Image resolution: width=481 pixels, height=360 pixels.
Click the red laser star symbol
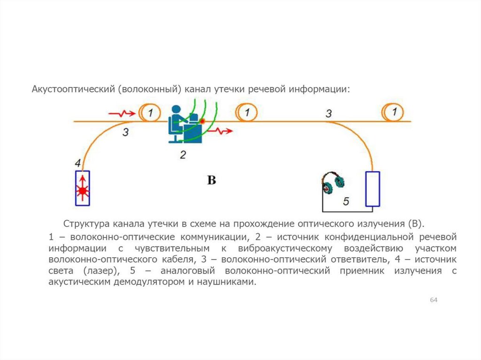coord(83,190)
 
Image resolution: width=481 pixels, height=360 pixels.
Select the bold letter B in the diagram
coord(212,180)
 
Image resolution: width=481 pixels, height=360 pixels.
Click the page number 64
coord(434,300)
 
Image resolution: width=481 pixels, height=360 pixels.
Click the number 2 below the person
coord(183,154)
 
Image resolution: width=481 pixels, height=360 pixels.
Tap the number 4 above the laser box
coord(78,163)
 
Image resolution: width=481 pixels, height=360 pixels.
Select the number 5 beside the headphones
coord(346,201)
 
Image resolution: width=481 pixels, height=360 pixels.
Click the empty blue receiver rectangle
coord(372,189)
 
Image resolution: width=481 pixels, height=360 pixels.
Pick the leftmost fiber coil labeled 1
coord(148,113)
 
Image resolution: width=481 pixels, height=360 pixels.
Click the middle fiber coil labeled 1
coord(247,113)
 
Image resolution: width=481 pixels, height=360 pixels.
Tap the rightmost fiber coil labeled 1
coord(394,112)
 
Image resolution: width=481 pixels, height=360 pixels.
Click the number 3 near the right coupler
coord(328,113)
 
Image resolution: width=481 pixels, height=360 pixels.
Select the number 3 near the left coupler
coord(125,132)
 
